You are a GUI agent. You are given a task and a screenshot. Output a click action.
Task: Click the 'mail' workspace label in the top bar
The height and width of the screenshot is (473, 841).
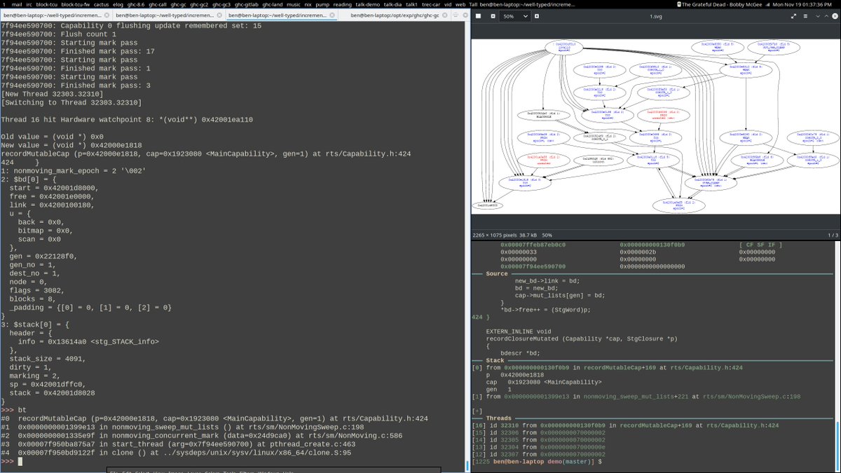click(18, 4)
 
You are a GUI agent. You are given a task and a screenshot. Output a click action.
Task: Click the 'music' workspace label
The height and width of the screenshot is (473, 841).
click(294, 4)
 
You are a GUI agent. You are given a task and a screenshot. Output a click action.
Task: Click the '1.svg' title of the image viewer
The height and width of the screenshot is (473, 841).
click(655, 16)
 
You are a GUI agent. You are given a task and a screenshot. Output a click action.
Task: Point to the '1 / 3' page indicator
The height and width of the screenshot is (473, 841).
click(833, 234)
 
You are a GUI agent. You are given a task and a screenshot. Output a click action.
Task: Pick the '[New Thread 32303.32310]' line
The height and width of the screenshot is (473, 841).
click(53, 94)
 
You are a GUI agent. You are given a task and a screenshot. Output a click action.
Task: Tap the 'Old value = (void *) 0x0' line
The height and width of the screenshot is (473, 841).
click(53, 137)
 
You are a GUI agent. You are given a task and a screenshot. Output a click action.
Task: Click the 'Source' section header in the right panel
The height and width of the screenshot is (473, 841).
click(497, 273)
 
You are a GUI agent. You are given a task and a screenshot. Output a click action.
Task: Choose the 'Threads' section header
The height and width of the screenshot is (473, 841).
click(499, 418)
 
